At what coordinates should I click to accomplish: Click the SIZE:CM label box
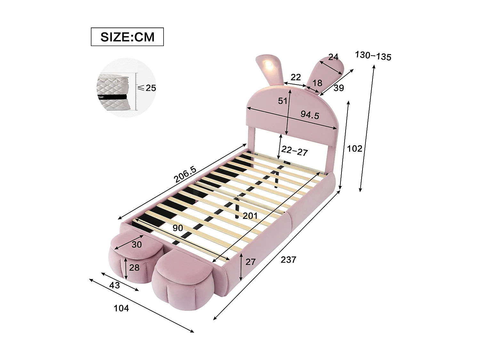(127, 37)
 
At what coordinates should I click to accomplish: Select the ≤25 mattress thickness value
(147, 88)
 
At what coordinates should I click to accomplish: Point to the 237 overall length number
(288, 260)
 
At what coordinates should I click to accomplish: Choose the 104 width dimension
(121, 308)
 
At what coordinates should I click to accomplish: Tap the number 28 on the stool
(134, 267)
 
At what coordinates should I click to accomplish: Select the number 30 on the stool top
(137, 244)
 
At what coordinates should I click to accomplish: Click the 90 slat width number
(178, 228)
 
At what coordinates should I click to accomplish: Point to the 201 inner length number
(250, 216)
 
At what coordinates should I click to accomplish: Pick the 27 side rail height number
(250, 262)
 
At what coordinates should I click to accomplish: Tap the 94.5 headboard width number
(309, 115)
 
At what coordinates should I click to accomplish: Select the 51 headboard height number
(282, 101)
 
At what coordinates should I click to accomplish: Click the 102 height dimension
(355, 148)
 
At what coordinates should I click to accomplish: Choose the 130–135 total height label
(373, 56)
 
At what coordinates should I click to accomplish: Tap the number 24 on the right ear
(333, 57)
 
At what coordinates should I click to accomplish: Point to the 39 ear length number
(338, 88)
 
